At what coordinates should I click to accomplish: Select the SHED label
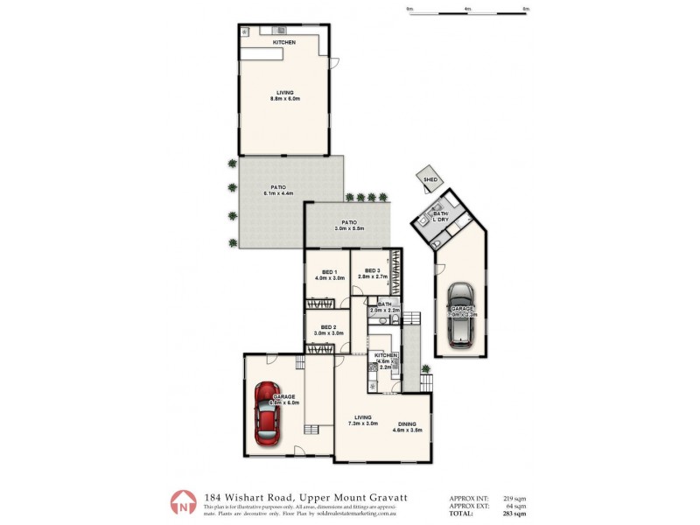pyautogui.click(x=430, y=178)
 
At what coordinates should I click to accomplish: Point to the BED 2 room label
pyautogui.click(x=327, y=326)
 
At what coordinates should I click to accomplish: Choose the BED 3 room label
pyautogui.click(x=371, y=270)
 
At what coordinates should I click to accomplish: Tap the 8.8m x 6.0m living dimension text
pyautogui.click(x=285, y=99)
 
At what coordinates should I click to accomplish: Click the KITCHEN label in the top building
pyautogui.click(x=283, y=42)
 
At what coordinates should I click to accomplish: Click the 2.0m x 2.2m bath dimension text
pyautogui.click(x=385, y=311)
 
